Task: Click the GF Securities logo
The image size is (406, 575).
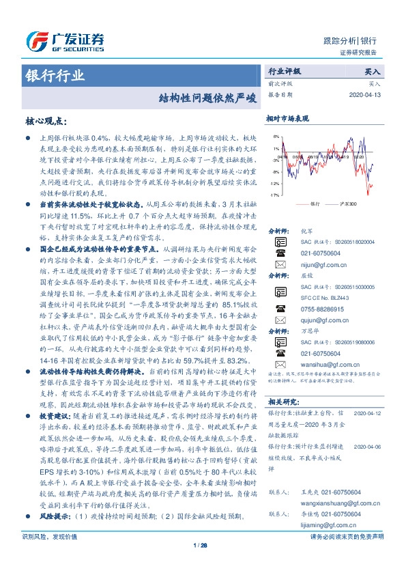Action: click(x=64, y=42)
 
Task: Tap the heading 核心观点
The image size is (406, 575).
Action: click(x=46, y=122)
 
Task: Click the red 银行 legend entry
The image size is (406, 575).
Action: click(x=310, y=204)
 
